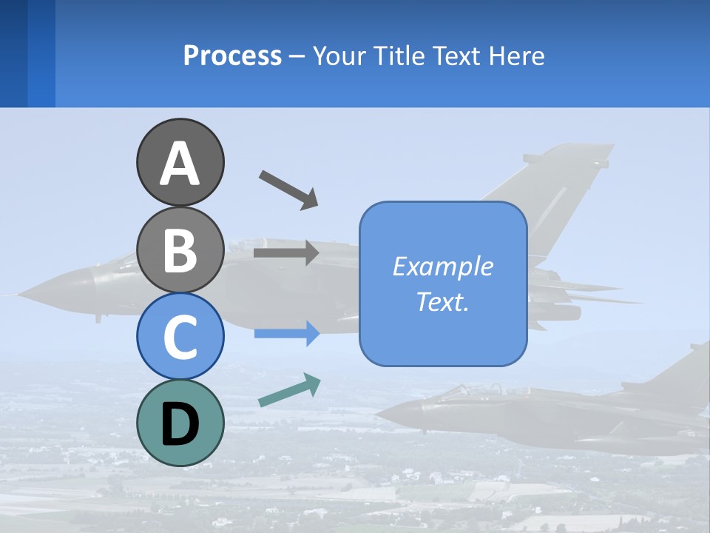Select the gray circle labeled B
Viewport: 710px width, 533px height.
180,249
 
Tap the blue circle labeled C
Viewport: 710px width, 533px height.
180,336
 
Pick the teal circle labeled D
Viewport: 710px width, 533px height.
180,423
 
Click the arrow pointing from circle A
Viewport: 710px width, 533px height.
288,189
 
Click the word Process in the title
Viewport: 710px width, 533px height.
232,56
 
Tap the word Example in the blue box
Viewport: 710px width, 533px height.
442,266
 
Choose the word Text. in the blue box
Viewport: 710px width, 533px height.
442,301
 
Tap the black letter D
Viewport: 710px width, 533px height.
180,424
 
